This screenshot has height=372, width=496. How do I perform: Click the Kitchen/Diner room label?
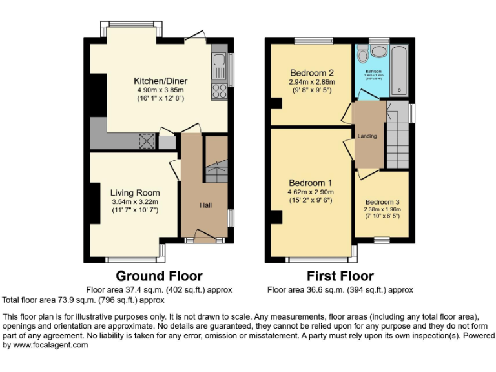[x=160, y=81]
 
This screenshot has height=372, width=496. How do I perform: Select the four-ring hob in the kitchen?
[x=219, y=90]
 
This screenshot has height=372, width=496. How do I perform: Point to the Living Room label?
[x=135, y=192]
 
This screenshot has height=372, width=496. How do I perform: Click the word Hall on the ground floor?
[x=205, y=205]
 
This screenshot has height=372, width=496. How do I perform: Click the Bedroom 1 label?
[x=311, y=182]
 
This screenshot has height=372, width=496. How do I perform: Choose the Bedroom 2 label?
[x=311, y=72]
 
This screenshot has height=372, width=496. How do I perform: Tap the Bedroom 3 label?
[x=382, y=200]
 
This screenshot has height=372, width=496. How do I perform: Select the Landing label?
[x=367, y=136]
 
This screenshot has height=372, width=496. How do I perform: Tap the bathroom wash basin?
[x=379, y=51]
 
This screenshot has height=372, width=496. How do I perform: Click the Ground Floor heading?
[x=154, y=276]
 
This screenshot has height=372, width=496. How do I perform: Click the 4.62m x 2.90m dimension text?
[x=311, y=192]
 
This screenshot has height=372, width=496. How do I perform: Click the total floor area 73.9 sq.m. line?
[x=83, y=300]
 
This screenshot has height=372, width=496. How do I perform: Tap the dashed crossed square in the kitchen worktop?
[x=147, y=140]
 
